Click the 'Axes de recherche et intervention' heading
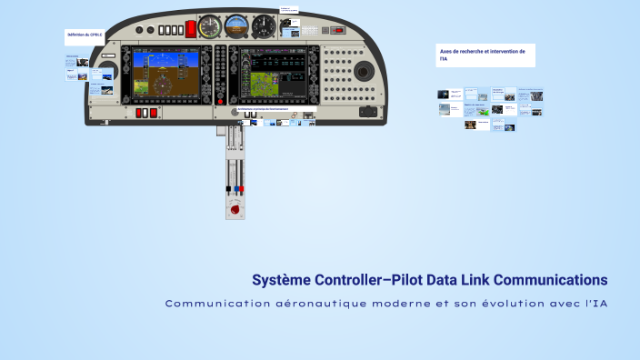click(x=483, y=52)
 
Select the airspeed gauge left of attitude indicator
click(x=210, y=25)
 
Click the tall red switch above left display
click(x=191, y=28)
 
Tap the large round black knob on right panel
click(x=361, y=71)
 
